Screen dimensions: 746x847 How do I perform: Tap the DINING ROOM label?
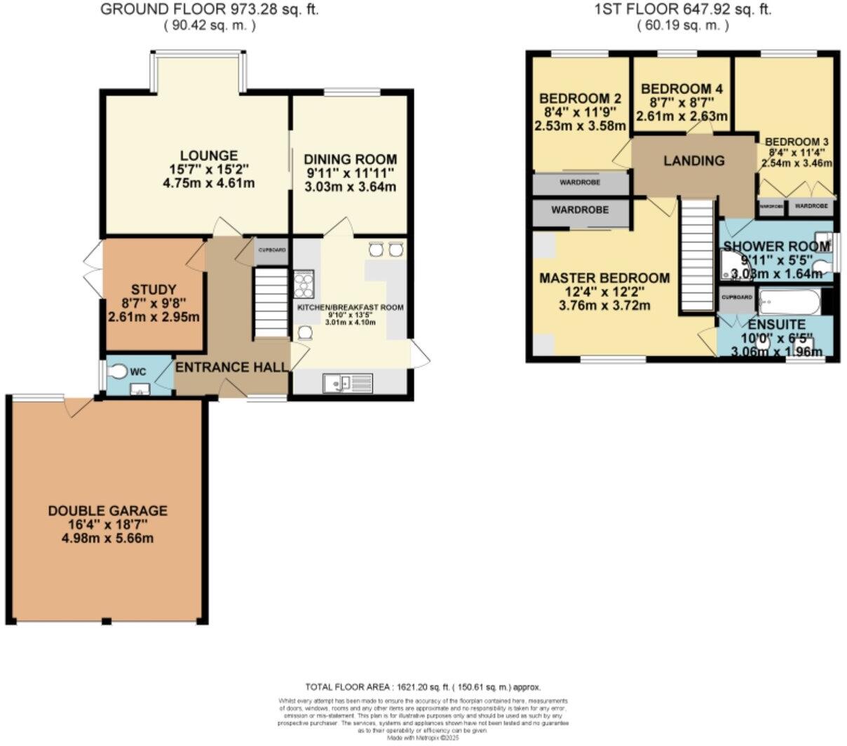[x=351, y=159]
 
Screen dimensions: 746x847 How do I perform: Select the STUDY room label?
[x=153, y=290]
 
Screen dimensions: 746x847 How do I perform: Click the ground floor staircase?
[x=271, y=304]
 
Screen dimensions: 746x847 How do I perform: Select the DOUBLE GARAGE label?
[x=107, y=510]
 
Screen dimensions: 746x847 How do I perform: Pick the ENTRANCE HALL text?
[x=231, y=367]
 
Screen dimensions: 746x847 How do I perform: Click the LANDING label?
[x=693, y=161]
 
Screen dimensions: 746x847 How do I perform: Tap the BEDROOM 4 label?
[x=682, y=89]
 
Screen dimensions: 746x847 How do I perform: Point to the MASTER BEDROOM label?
[x=604, y=278]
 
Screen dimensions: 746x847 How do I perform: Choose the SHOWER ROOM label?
[x=776, y=247]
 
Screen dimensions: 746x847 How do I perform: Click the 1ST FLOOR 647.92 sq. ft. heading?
[x=683, y=10]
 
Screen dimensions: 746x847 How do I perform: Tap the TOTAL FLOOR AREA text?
[x=423, y=687]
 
